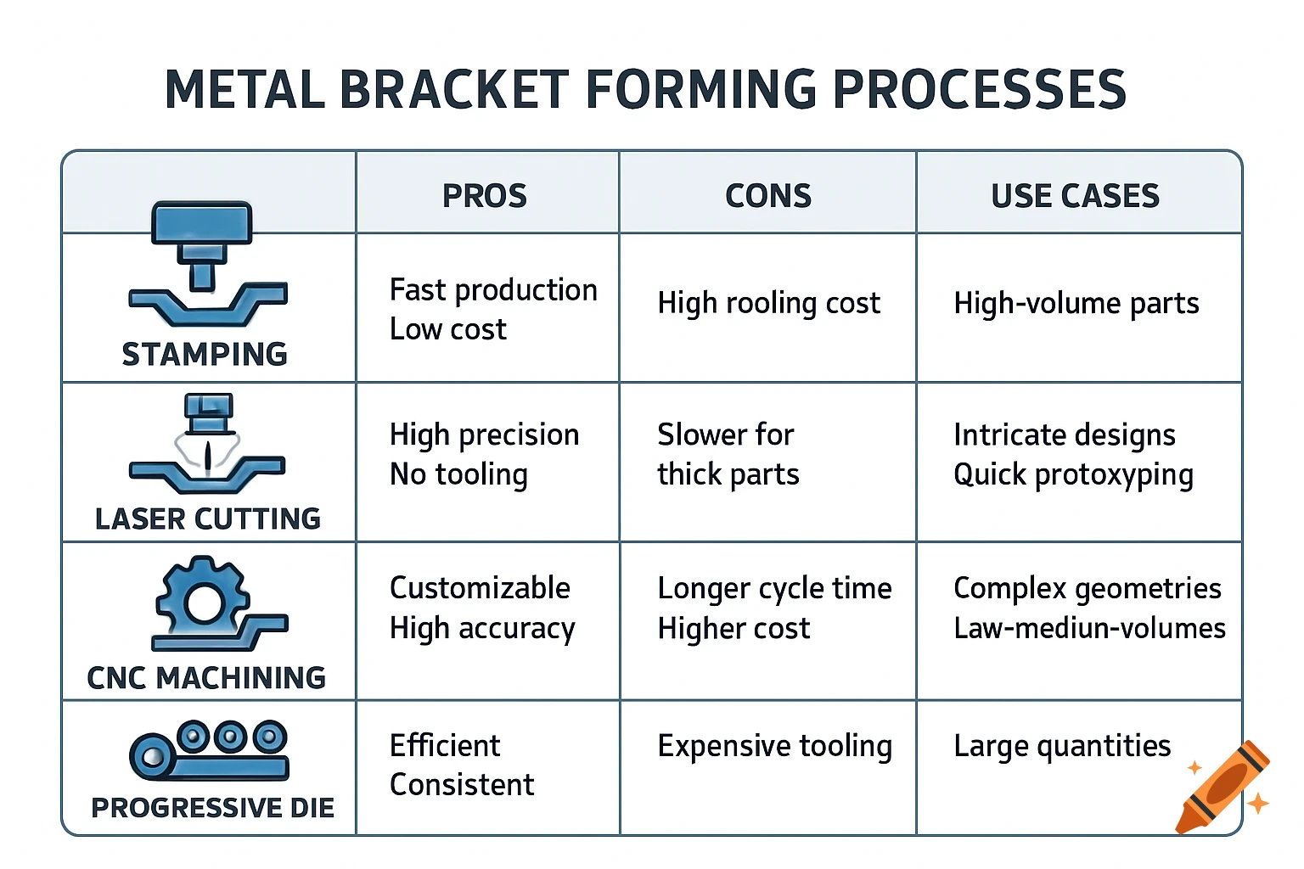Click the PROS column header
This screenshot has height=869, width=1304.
pos(484,196)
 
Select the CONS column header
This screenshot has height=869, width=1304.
pos(767,196)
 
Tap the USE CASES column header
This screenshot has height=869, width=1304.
pos(1075,196)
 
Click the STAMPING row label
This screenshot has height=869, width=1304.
pos(205,355)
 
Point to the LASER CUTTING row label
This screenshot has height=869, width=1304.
pos(208,519)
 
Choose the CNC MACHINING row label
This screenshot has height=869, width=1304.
pos(206,678)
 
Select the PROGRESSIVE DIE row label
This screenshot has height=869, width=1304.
pos(212,808)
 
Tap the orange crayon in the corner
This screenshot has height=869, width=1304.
pos(1222,788)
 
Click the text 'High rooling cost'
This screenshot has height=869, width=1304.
pos(768,303)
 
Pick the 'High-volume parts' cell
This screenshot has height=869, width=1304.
pos(1076,303)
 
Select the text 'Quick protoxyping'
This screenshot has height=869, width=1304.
pos(1073,474)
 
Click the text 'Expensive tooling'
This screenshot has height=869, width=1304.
pos(774,746)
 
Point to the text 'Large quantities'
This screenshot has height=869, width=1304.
pos(1062,746)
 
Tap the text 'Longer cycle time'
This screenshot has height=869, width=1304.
pos(774,588)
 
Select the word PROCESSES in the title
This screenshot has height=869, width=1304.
pos(979,90)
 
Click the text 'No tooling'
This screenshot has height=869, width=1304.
pos(458,474)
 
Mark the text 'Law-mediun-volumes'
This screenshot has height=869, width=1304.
pos(1089,628)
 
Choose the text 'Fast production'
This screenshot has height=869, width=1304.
pos(493,290)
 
